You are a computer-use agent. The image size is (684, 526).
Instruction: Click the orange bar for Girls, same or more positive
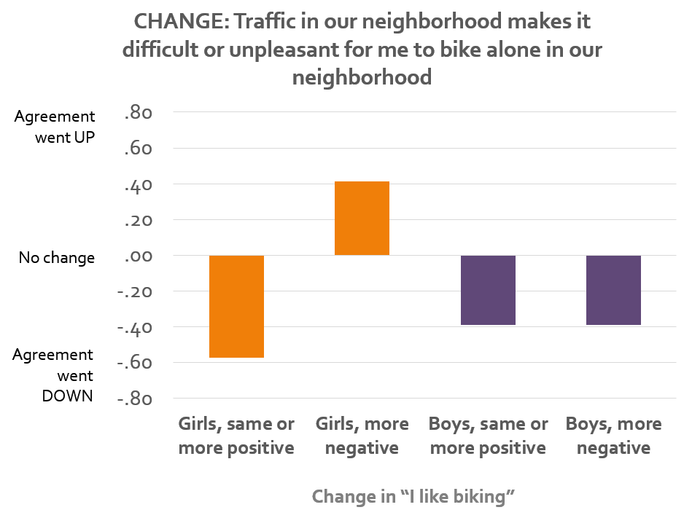236,307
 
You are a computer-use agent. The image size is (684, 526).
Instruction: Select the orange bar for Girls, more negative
362,219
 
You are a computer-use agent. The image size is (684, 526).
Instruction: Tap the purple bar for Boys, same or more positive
488,290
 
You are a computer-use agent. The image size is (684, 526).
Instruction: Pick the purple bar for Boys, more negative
613,290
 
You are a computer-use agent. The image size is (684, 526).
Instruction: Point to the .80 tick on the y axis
139,113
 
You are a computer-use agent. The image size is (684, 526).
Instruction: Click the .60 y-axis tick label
139,149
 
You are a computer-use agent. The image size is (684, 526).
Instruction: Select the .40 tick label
139,185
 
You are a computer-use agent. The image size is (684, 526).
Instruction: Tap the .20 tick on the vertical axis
139,221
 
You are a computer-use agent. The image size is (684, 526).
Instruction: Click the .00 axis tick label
139,256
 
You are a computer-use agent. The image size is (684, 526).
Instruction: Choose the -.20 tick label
135,292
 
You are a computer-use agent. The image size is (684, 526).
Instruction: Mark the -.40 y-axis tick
135,328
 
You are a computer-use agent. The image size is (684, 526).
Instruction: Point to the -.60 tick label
135,363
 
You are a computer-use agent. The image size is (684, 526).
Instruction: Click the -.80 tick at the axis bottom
135,399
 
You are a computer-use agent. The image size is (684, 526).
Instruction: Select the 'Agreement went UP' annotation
55,127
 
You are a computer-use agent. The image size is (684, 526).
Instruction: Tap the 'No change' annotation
57,258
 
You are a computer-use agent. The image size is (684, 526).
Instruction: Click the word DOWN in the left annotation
68,396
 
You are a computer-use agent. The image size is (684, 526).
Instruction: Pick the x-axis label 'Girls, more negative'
362,436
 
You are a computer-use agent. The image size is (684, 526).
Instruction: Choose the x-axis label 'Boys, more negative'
614,436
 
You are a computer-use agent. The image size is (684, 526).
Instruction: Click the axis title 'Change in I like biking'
413,496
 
